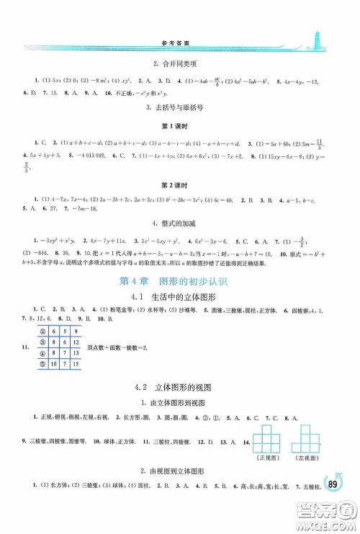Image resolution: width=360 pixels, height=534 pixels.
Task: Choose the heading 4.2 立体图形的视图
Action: (x=180, y=388)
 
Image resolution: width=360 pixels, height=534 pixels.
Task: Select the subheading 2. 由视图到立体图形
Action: (x=180, y=471)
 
